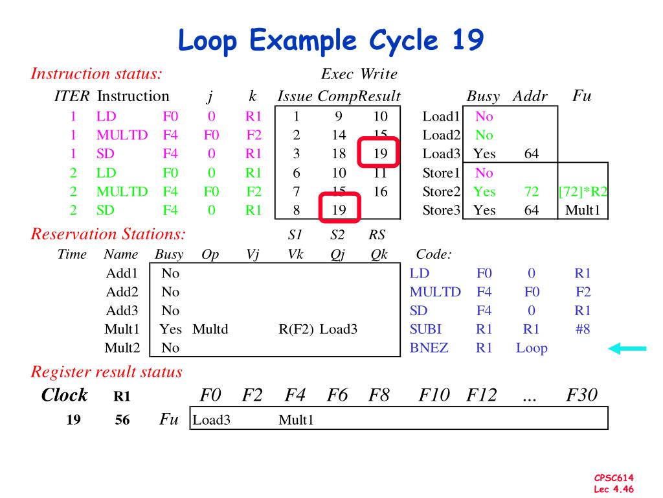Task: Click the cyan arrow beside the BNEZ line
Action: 627,349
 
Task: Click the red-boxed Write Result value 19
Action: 380,154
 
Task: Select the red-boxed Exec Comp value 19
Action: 338,209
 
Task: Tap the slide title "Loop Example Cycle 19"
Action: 331,41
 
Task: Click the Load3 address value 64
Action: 532,154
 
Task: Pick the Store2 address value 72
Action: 532,191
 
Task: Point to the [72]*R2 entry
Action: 583,191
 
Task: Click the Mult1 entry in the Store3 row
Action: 583,210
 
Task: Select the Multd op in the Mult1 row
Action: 210,329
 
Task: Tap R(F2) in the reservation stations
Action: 296,329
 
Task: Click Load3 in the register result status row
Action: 212,420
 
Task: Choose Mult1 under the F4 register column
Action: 296,420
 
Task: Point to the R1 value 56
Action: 122,420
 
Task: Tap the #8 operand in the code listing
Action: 582,329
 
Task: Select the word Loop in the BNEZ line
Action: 532,348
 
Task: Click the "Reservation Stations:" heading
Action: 108,234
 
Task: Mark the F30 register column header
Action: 581,395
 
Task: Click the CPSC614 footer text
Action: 614,478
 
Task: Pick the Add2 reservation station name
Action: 122,292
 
